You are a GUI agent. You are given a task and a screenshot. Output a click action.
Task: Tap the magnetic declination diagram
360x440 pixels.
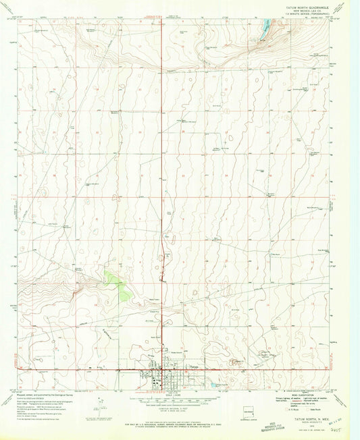pos(101,404)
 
